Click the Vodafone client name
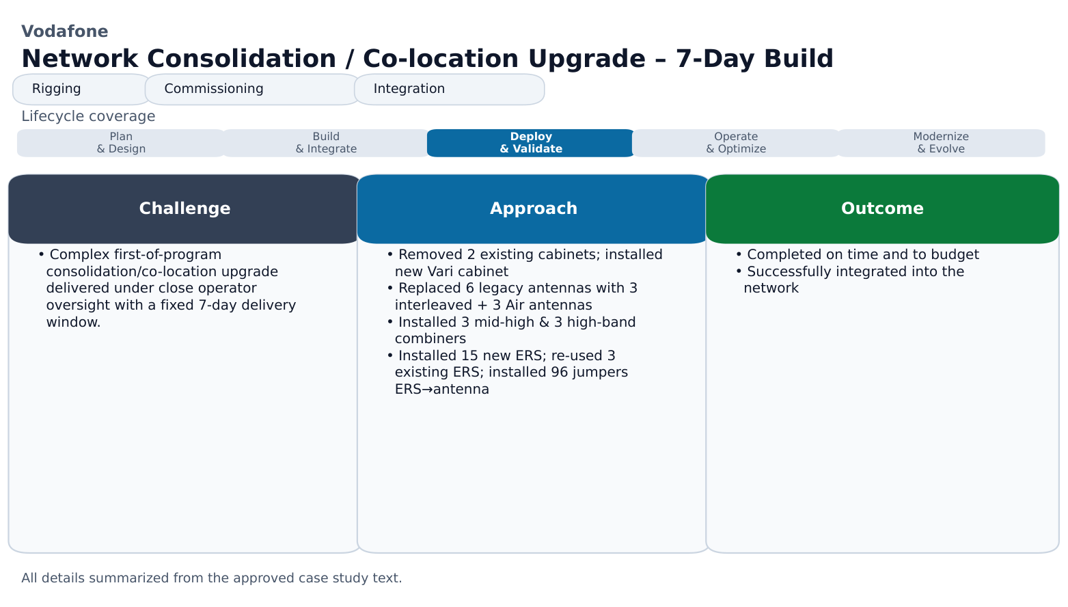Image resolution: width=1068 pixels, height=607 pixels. coord(64,31)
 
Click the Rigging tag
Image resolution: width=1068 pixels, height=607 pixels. coord(81,89)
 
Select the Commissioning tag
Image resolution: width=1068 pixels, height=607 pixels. coord(251,89)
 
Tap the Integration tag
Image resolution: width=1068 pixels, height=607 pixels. coord(449,89)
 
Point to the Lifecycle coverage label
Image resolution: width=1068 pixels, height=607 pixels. coord(88,116)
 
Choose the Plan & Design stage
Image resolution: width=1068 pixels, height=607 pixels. coord(121,143)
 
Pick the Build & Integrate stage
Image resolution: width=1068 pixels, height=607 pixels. coord(326,143)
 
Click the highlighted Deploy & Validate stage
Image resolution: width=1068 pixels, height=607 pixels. coord(531,143)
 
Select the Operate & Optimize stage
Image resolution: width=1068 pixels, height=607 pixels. coord(736,143)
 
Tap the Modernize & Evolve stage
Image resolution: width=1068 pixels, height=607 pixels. coord(941,143)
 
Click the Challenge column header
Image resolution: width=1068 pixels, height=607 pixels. coord(184,209)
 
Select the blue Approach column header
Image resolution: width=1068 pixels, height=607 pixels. coord(533,209)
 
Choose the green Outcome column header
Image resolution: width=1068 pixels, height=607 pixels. coord(882,209)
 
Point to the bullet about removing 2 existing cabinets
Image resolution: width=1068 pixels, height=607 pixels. coord(524,263)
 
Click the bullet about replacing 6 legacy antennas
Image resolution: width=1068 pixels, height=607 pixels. coord(512,297)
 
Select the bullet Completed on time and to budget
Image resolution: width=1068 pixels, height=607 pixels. coord(858,255)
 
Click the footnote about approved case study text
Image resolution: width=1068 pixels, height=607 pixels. coord(212,578)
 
